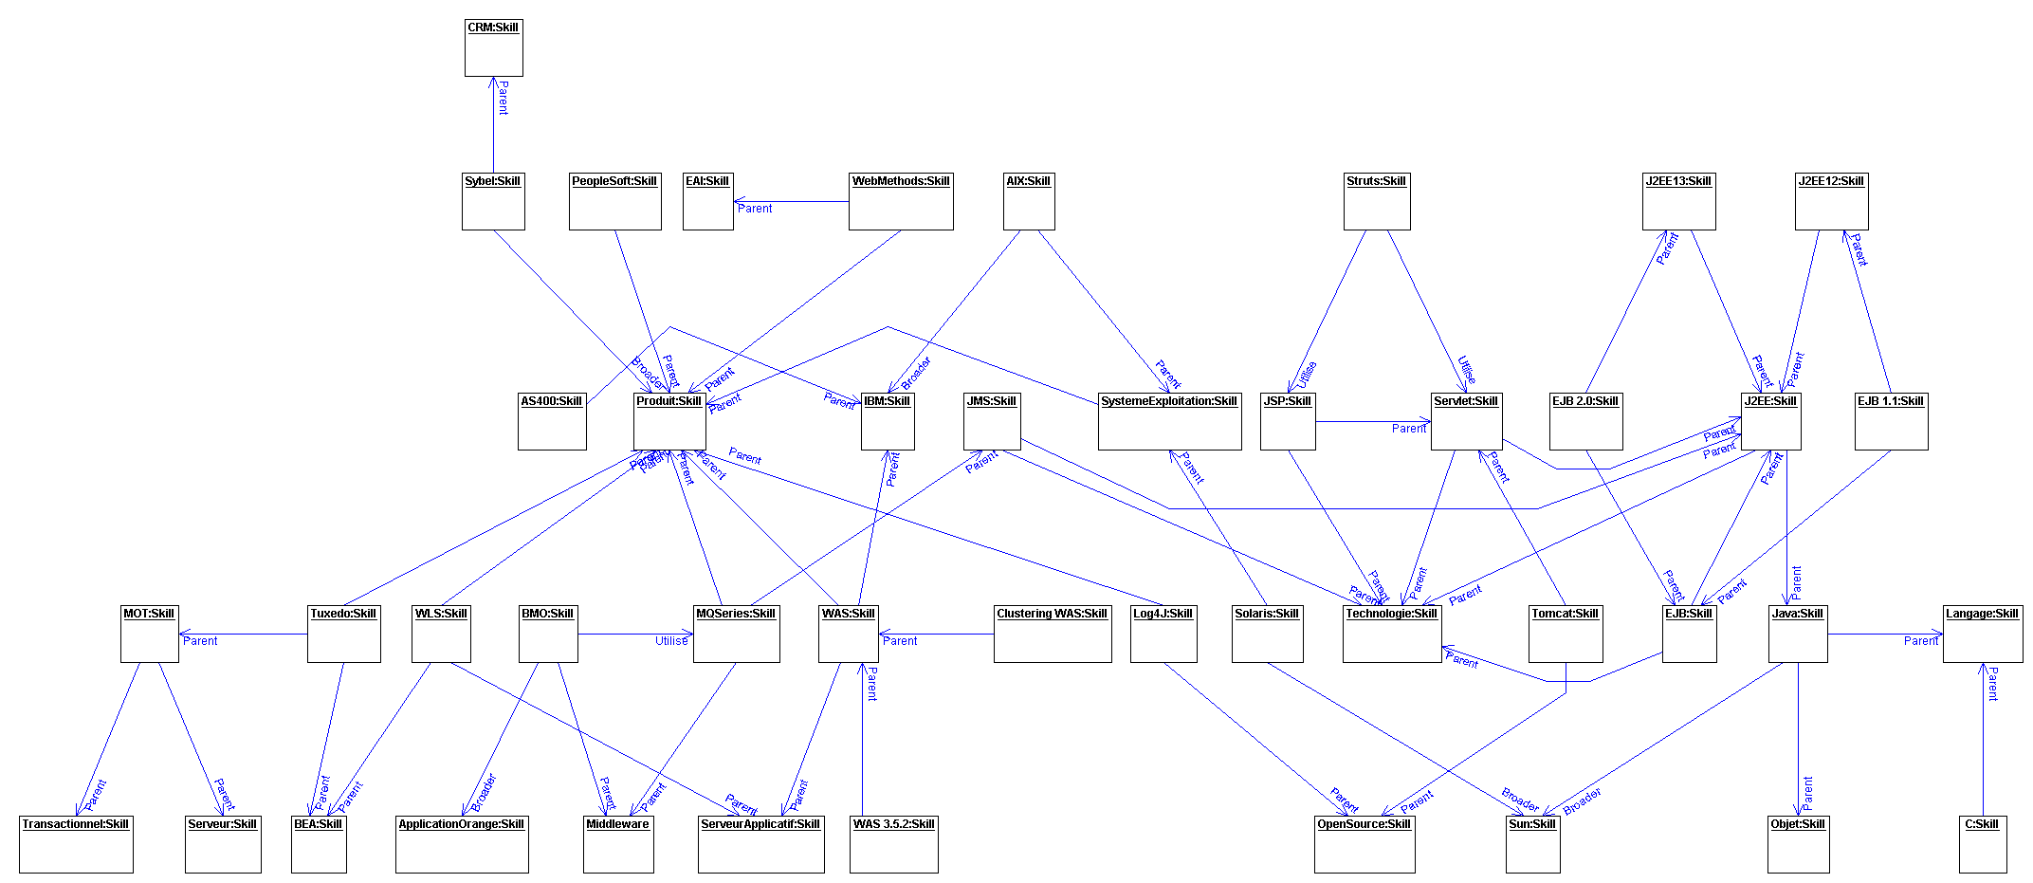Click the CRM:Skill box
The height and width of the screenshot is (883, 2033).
point(493,47)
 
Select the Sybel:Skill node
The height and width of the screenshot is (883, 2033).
point(493,201)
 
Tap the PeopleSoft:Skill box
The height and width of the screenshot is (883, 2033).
point(614,201)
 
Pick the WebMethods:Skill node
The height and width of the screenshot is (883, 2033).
point(901,201)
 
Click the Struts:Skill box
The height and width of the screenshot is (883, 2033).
point(1377,201)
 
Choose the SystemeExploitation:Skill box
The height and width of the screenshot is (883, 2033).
point(1169,421)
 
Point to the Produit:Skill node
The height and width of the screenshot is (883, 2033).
point(669,421)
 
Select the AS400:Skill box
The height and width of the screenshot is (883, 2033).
point(552,421)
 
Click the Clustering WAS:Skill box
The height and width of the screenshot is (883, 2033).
point(1053,634)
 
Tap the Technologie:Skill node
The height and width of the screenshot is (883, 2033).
point(1392,634)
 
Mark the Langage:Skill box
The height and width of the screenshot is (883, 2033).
point(1983,634)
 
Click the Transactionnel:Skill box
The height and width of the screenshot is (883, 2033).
point(76,844)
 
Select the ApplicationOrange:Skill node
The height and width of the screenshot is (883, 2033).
point(462,844)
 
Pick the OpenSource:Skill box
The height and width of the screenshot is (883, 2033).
point(1364,844)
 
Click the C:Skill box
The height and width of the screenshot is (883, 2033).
point(1983,844)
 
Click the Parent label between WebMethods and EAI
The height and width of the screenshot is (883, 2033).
point(755,209)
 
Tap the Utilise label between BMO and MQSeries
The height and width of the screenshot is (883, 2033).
point(671,641)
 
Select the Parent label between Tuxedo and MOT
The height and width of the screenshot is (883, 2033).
point(200,641)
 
